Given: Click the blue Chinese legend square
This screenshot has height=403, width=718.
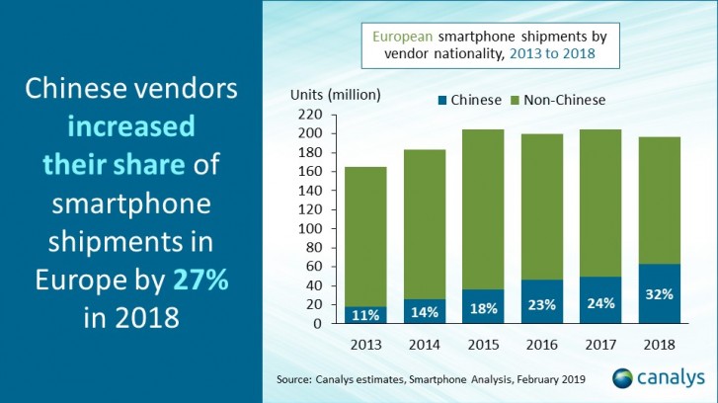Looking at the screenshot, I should point(442,100).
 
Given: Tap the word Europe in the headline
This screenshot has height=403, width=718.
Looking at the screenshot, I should point(82,280).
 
